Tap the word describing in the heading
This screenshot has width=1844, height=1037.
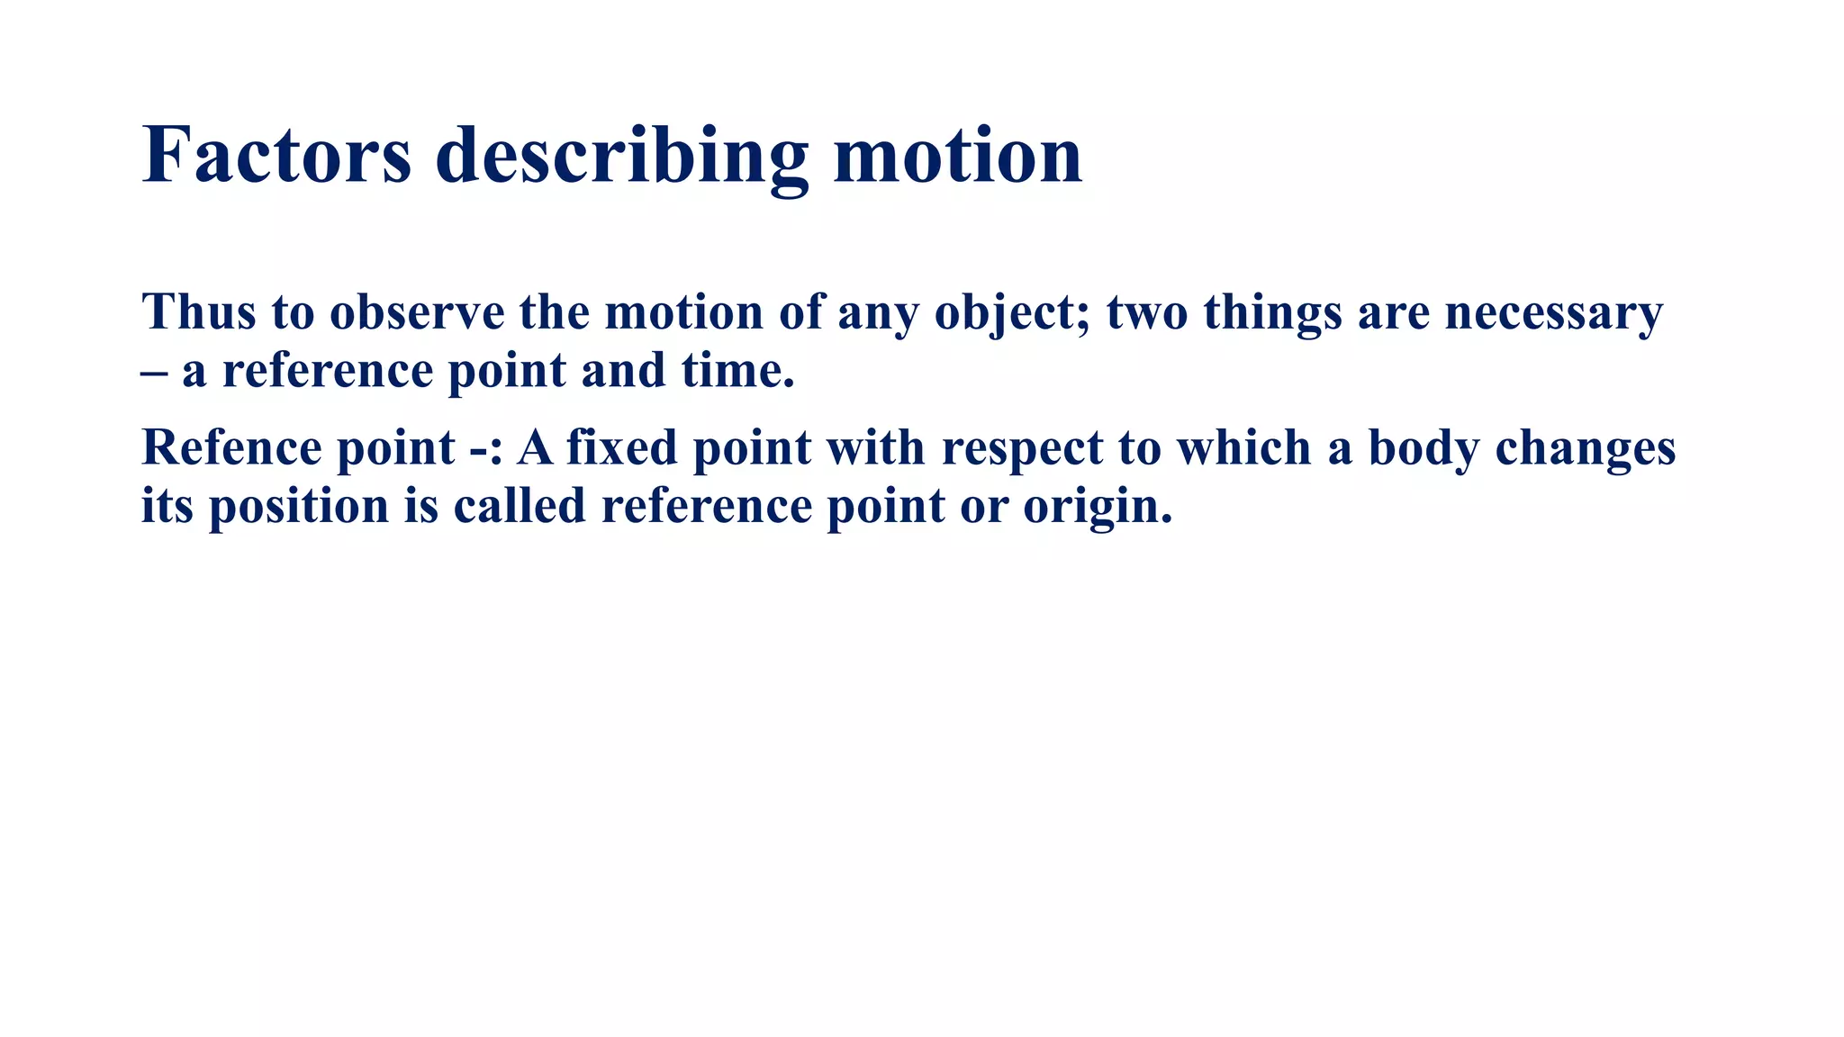click(x=621, y=158)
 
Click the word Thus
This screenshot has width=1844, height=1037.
click(x=199, y=312)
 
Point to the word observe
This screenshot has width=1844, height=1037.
click(x=417, y=312)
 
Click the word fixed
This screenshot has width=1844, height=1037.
click(x=621, y=447)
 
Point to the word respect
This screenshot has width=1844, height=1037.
click(x=1022, y=449)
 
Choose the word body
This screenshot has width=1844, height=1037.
click(x=1424, y=449)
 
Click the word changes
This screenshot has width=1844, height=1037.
click(x=1585, y=449)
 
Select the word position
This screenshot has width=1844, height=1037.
click(x=299, y=507)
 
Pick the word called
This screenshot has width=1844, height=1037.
click(x=520, y=505)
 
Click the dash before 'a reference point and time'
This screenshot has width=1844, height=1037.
click(x=154, y=372)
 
